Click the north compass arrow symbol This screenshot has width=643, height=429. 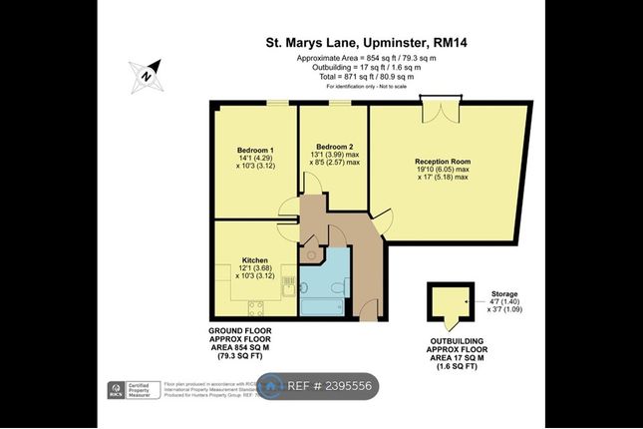click(146, 73)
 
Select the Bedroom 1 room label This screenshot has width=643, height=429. click(255, 150)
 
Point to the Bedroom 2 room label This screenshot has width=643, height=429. click(334, 146)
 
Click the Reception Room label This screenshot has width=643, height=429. click(443, 161)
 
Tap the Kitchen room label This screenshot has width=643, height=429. click(255, 257)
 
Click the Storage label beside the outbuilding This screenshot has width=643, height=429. click(504, 294)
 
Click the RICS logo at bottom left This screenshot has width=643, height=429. click(115, 389)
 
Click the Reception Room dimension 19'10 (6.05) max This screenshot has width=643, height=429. click(443, 170)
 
